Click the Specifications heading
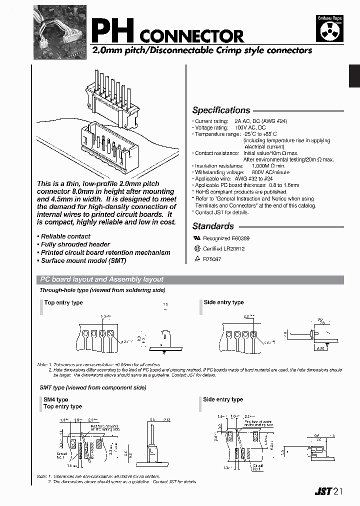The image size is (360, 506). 221,110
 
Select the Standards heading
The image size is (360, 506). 213,226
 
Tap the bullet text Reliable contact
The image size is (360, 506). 65,236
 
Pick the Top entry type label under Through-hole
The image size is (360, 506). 63,302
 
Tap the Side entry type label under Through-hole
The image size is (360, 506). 223,302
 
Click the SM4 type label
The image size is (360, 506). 56,399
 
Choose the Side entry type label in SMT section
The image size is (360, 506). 223,399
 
